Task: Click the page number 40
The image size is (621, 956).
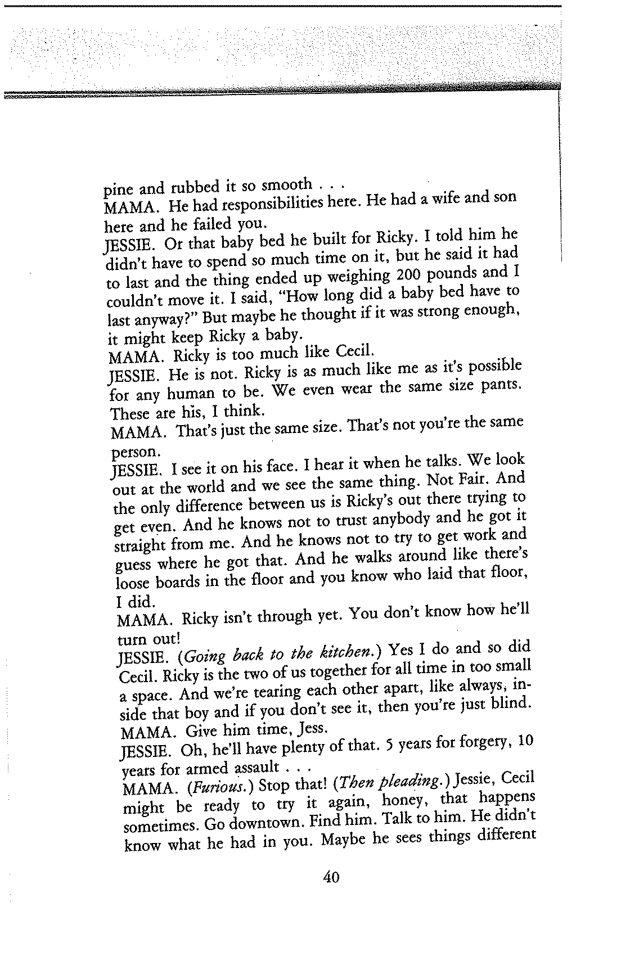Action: point(331,877)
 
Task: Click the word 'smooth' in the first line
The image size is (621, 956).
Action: point(287,184)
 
